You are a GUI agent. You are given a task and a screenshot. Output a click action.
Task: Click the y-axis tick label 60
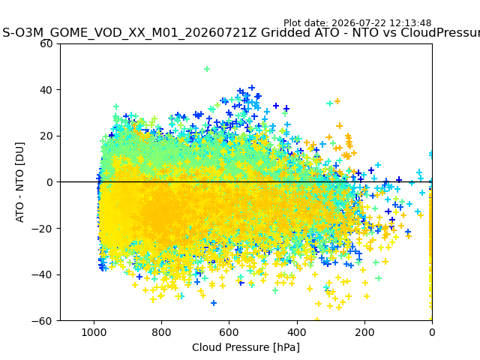(46, 43)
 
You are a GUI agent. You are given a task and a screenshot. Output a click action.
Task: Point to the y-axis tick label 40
(46, 90)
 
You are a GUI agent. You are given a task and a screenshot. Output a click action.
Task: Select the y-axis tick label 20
(46, 136)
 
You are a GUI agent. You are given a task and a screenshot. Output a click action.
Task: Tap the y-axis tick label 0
(49, 182)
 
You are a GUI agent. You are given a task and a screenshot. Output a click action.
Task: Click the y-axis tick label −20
(42, 229)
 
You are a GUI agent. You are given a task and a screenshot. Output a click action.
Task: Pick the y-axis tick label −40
(42, 274)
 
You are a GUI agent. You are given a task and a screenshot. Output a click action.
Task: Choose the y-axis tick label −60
(42, 321)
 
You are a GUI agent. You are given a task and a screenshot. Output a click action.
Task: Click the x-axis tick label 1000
(94, 332)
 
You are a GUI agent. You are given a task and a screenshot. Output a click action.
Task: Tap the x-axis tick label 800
(162, 332)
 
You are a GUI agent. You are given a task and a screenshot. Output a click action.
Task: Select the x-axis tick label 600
(229, 332)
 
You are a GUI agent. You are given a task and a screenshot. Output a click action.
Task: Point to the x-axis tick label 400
(297, 332)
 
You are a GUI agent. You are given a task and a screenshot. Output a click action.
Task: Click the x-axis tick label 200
(364, 332)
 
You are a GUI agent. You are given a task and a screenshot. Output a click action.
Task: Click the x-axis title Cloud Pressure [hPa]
(246, 347)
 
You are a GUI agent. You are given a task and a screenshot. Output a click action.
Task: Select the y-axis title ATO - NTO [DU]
(19, 182)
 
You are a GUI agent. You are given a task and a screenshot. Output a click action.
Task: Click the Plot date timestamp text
(357, 23)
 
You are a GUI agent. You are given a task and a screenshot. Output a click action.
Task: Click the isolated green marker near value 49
(207, 69)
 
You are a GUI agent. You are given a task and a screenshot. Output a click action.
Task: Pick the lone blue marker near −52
(214, 303)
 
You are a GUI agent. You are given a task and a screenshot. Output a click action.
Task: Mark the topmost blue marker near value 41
(252, 88)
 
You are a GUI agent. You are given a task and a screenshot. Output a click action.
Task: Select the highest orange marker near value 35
(337, 101)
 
